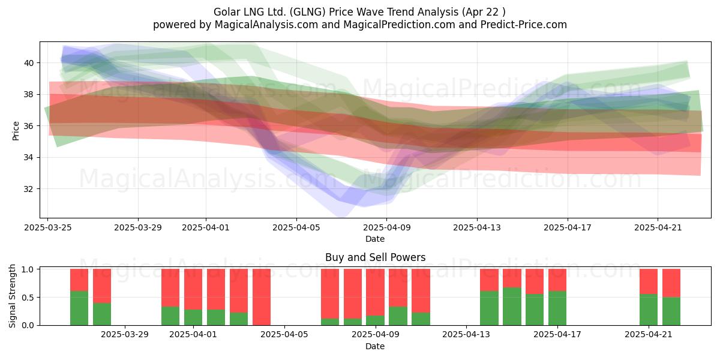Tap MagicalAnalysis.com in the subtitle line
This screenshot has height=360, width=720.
tap(266, 25)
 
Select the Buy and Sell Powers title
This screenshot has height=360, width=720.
tap(375, 257)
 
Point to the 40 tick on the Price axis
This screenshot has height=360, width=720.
tap(29, 63)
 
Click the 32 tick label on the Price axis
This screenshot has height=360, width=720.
tap(29, 189)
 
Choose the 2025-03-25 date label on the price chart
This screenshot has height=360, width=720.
tap(48, 227)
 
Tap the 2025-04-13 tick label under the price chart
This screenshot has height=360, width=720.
tap(477, 227)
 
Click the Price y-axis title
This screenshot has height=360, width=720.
tap(16, 131)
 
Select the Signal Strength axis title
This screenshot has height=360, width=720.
tap(12, 296)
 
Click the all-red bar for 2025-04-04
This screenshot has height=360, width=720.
tap(262, 297)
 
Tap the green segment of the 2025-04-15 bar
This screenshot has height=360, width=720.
tap(512, 307)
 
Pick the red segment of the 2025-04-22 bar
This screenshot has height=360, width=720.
tap(671, 283)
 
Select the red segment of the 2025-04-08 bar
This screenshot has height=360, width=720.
tap(352, 294)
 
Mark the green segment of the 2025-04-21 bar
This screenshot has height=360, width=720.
tap(649, 310)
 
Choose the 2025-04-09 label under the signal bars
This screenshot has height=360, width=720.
tap(376, 335)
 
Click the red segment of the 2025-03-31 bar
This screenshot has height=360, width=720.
tap(170, 287)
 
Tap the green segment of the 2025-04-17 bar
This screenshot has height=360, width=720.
tap(557, 308)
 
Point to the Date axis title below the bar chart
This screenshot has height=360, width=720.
tap(375, 346)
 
